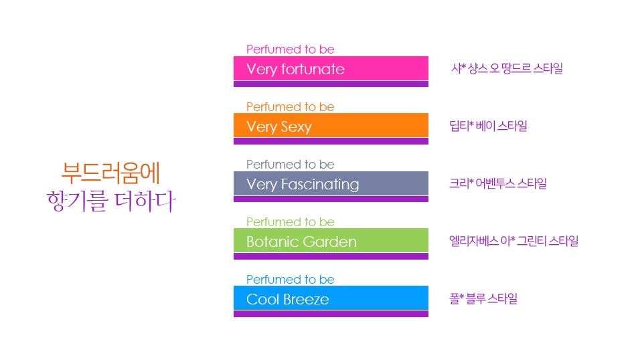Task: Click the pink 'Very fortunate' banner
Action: tap(331, 68)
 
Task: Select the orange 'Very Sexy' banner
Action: tap(331, 125)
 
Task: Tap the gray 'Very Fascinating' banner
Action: tap(331, 183)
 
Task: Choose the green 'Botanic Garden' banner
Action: tap(331, 240)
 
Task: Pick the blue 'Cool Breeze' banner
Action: tap(331, 298)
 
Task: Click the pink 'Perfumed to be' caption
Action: tap(291, 50)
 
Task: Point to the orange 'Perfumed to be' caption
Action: tap(291, 107)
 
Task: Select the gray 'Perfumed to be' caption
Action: tap(291, 165)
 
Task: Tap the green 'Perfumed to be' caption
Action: tap(291, 222)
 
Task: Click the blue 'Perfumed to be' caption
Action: tap(291, 280)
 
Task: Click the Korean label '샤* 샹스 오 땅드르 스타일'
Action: tap(507, 68)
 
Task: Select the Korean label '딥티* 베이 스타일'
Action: tap(488, 126)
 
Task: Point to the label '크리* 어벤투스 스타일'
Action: tap(498, 183)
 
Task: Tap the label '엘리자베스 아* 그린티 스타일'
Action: tap(514, 241)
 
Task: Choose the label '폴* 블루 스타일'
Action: tap(483, 299)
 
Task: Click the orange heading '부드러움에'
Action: tap(110, 173)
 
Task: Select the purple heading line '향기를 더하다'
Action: tap(111, 201)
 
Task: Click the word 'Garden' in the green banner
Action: tap(329, 242)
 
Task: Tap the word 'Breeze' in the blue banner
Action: tap(306, 300)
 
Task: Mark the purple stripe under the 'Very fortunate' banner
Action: tap(331, 84)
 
